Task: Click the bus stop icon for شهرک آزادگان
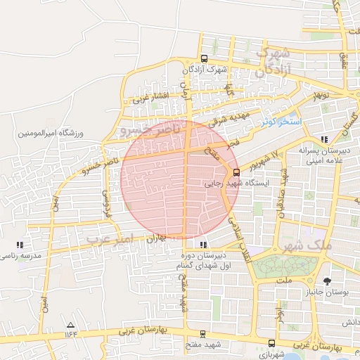[x=204, y=59]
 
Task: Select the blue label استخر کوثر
[x=281, y=122]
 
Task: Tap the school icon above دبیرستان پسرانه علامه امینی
[x=323, y=139]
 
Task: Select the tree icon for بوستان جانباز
[x=326, y=281]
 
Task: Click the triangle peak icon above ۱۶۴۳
[x=70, y=325]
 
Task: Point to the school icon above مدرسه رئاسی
[x=19, y=245]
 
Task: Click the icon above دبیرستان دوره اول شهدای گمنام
[x=204, y=245]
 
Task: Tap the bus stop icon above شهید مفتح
[x=203, y=333]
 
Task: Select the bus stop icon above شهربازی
[x=272, y=342]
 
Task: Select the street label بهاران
[x=156, y=238]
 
